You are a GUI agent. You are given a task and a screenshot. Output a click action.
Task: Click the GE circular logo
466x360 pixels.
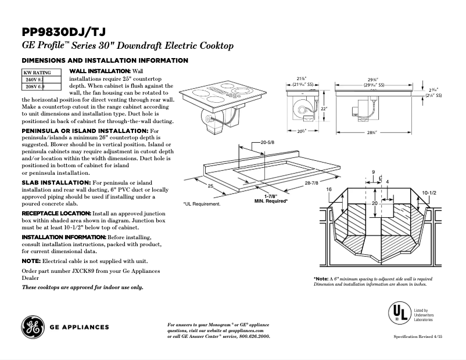33,327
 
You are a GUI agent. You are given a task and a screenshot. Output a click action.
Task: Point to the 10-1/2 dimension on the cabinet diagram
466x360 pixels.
429,192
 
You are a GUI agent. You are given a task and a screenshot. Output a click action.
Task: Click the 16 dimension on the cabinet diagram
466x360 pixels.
329,190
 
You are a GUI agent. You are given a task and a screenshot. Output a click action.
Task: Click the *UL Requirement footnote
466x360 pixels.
202,204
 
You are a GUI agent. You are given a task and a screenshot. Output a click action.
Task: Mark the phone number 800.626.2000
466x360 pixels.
250,337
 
